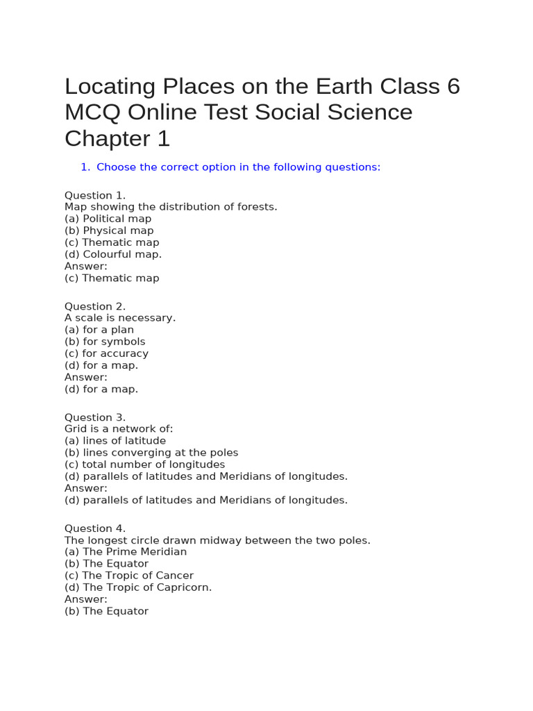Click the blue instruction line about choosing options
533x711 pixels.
[x=238, y=167]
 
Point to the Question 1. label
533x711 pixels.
[x=95, y=195]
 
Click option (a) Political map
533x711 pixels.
[x=108, y=219]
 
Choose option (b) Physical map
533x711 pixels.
[x=109, y=231]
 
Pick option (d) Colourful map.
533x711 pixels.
[x=113, y=254]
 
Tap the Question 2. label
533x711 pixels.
[x=95, y=306]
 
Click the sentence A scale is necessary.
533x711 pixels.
[x=120, y=318]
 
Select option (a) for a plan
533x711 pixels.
[x=99, y=330]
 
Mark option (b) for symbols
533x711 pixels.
[x=105, y=342]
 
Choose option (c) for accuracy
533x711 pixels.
[x=106, y=353]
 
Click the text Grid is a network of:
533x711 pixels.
[x=119, y=429]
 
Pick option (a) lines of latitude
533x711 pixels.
[x=115, y=441]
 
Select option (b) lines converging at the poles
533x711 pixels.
[x=151, y=453]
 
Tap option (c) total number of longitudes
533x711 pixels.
[x=145, y=465]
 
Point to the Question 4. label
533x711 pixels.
[x=95, y=528]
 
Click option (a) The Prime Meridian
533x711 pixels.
[x=126, y=552]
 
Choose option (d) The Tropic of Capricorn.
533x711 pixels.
[x=138, y=587]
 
